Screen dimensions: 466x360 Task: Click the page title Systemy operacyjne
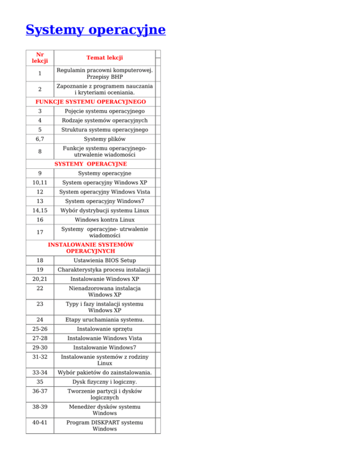click(x=96, y=30)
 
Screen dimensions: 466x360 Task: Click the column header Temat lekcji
click(x=105, y=58)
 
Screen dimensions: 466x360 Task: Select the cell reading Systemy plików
click(x=105, y=139)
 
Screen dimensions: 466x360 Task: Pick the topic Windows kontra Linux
click(x=105, y=219)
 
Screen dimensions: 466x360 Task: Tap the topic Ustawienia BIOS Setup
click(x=105, y=260)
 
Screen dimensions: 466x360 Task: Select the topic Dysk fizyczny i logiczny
click(x=105, y=382)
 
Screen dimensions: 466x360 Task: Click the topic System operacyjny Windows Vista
click(x=105, y=192)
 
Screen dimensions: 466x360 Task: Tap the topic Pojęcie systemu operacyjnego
click(x=105, y=111)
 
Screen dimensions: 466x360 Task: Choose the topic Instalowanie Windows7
click(x=105, y=347)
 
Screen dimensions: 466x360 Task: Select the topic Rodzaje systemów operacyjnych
click(x=105, y=120)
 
